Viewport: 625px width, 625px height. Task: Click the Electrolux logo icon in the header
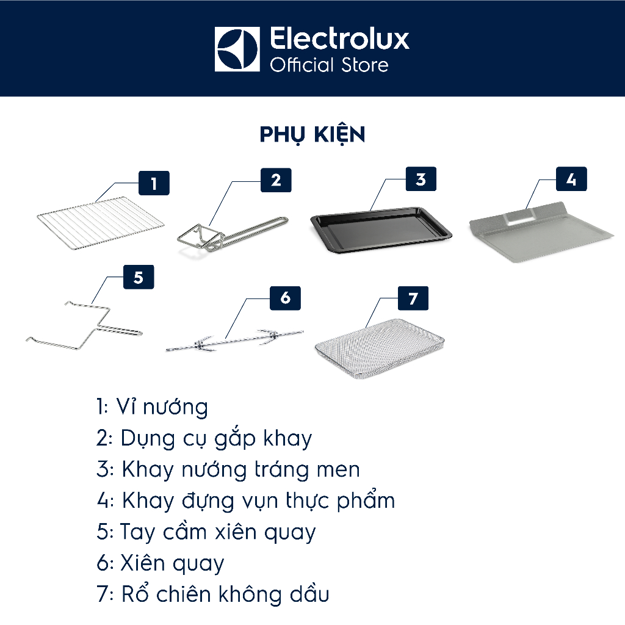coord(237,49)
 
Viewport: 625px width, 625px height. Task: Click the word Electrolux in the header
coord(339,39)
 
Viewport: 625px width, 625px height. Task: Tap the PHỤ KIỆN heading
coord(312,135)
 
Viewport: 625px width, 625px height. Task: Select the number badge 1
coord(154,183)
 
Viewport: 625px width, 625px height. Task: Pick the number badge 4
coord(571,179)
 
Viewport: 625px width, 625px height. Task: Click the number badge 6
coord(285,298)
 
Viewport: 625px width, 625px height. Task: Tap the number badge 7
coord(413,298)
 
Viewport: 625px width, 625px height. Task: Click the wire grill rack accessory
coord(101,220)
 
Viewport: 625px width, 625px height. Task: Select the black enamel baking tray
coord(381,229)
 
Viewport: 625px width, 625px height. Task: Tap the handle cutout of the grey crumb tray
coord(520,217)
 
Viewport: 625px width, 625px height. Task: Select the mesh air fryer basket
coord(380,348)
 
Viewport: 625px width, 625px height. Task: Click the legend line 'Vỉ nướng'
coord(152,407)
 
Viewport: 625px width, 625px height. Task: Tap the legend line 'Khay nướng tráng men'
coord(228,469)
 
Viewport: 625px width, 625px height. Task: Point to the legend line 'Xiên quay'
coord(161,563)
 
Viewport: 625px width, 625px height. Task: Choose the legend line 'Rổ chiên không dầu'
coord(213,593)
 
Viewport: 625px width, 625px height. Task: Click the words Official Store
coord(329,65)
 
